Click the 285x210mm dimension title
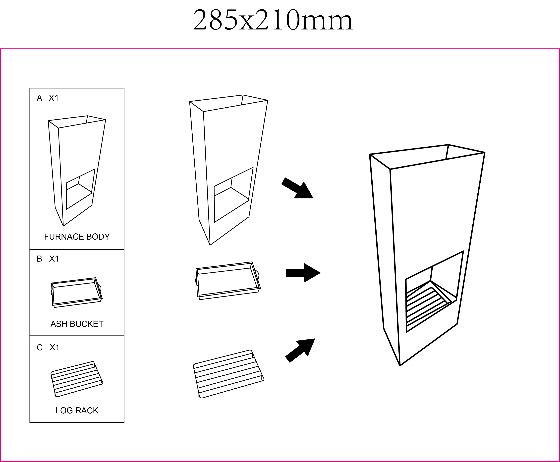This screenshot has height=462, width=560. click(x=273, y=20)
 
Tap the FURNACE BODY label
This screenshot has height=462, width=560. click(x=77, y=237)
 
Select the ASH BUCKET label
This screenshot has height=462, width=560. click(x=77, y=324)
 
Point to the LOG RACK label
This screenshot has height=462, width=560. click(x=77, y=411)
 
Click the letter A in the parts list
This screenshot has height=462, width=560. click(x=39, y=98)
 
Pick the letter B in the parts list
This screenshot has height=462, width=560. click(x=39, y=259)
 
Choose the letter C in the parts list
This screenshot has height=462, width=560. click(x=40, y=347)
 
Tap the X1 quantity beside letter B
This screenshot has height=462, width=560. click(x=54, y=259)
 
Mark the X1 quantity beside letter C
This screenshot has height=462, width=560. click(x=55, y=347)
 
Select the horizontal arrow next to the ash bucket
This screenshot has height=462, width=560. click(x=303, y=273)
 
